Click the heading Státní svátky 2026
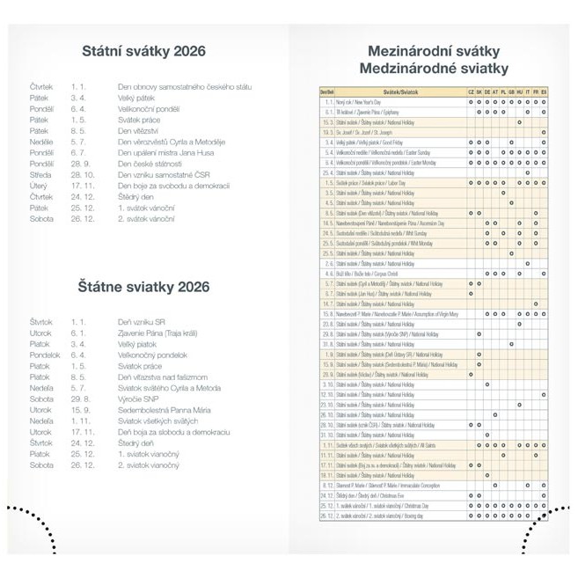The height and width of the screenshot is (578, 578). coord(143,51)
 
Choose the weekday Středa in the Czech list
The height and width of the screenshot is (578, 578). coord(41,174)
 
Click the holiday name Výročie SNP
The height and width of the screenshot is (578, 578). coord(141,399)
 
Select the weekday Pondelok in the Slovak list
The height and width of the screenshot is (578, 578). coord(45,355)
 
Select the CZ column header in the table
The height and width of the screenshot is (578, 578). coord(471,91)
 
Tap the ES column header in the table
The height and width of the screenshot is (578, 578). coord(544,91)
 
